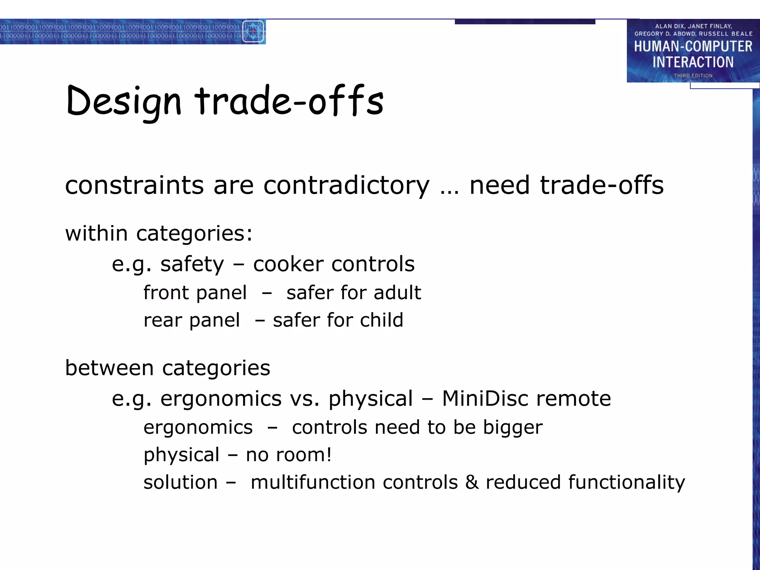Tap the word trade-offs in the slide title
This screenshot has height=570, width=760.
(x=289, y=101)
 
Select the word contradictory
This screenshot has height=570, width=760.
(x=346, y=185)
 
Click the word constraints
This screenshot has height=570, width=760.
(x=134, y=185)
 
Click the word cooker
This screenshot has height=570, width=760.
(x=288, y=264)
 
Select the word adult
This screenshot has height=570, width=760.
(x=397, y=292)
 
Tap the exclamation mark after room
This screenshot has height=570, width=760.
(x=328, y=455)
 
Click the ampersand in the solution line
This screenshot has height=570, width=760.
(x=472, y=482)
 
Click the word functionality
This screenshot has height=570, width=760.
(x=626, y=482)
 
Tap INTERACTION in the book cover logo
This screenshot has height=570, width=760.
(x=693, y=62)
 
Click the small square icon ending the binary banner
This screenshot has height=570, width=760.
(x=253, y=32)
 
